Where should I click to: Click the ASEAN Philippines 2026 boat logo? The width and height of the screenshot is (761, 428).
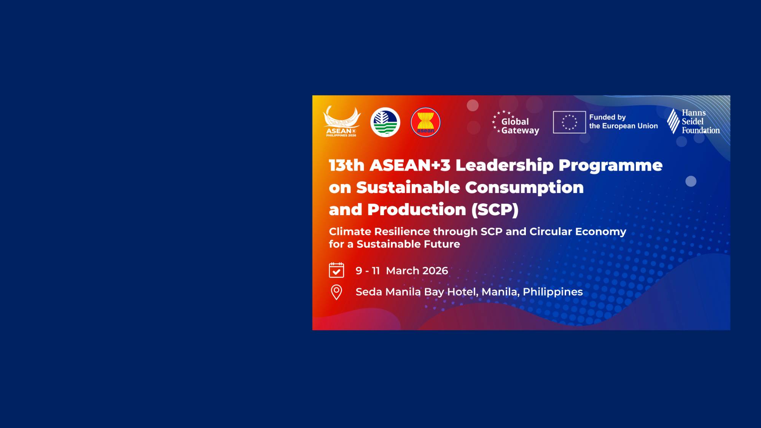[x=341, y=122]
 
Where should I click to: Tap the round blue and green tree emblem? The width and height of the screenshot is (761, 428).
[x=385, y=122]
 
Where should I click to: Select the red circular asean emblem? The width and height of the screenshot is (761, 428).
[x=425, y=122]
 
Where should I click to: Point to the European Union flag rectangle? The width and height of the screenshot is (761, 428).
[x=569, y=122]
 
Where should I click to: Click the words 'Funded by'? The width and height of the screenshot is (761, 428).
[x=607, y=117]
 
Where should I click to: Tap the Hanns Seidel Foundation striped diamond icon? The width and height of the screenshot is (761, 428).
[x=673, y=121]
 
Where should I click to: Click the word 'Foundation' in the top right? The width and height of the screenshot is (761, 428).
[x=701, y=130]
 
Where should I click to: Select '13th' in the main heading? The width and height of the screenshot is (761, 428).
[x=347, y=166]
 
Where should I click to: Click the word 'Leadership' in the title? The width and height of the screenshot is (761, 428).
[x=504, y=166]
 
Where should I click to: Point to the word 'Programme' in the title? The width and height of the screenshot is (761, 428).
[x=610, y=166]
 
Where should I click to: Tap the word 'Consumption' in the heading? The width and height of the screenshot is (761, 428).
[x=524, y=188]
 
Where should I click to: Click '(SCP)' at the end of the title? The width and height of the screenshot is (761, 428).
[x=495, y=210]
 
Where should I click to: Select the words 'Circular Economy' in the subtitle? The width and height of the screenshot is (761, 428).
[x=578, y=231]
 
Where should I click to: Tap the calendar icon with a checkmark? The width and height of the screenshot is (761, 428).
[x=336, y=270]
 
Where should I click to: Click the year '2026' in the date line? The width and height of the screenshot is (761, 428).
[x=435, y=271]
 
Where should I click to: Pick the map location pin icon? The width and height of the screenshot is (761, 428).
[x=336, y=292]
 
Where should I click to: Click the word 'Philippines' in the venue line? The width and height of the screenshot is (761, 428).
[x=552, y=292]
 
